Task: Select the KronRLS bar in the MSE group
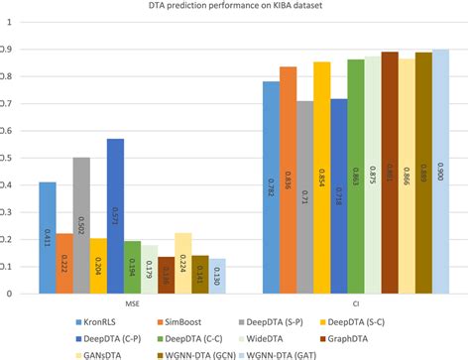click(x=47, y=238)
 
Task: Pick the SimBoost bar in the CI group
click(x=288, y=180)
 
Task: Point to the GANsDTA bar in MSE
click(x=182, y=263)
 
